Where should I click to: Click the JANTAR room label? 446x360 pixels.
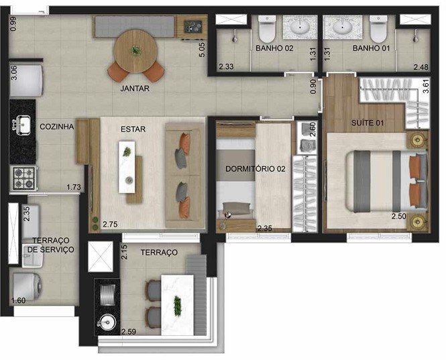(135, 88)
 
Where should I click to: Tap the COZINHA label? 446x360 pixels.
(56, 127)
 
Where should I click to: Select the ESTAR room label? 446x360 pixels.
(133, 129)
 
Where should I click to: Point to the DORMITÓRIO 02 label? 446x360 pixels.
(255, 169)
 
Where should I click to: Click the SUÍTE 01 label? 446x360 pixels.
(368, 123)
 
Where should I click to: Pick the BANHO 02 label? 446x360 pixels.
(274, 48)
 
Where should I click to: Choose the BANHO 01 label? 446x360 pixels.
(371, 48)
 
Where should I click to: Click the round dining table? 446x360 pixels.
(135, 51)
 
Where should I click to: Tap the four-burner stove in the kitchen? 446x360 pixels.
(24, 178)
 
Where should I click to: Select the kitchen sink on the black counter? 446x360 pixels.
(21, 125)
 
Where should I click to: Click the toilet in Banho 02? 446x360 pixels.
(267, 29)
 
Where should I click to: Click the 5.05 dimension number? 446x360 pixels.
(202, 50)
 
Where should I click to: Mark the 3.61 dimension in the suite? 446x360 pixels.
(426, 86)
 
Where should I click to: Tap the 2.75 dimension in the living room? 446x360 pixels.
(110, 225)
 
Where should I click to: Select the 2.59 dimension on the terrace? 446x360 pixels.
(129, 332)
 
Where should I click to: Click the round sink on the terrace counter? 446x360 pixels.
(107, 322)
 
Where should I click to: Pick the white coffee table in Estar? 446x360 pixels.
(127, 167)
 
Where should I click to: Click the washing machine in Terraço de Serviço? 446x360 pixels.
(25, 287)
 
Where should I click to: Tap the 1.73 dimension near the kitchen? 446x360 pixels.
(74, 188)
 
